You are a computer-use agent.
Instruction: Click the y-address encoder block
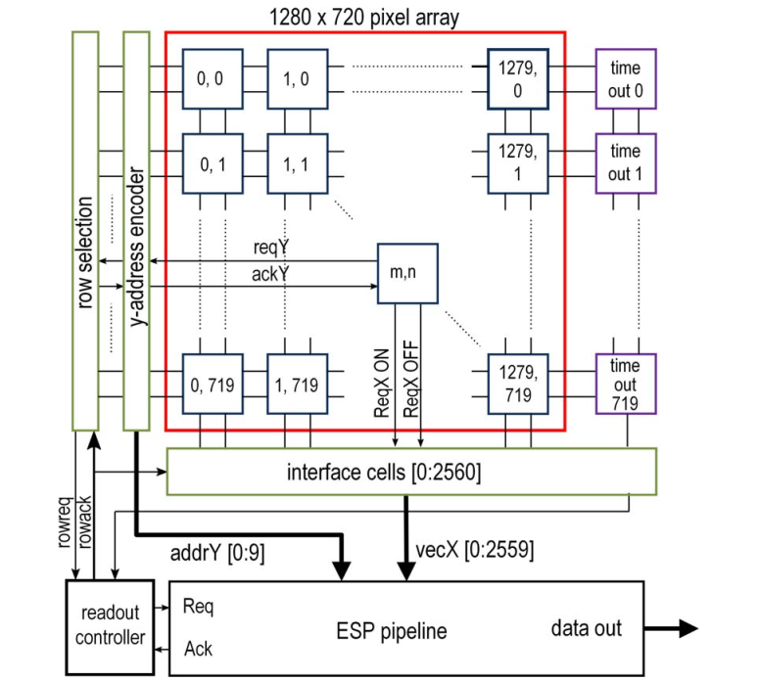pyautogui.click(x=136, y=231)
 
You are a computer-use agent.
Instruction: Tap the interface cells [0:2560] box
pyautogui.click(x=411, y=473)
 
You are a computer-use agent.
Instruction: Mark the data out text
pyautogui.click(x=586, y=627)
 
